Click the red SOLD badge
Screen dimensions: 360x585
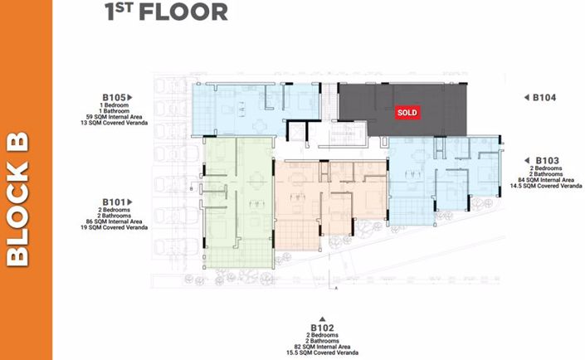(x=407, y=112)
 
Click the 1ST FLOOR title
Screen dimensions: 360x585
(x=166, y=12)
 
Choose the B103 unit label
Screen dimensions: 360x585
(x=544, y=159)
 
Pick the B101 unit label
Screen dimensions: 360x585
(x=115, y=202)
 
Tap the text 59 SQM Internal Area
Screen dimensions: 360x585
(x=115, y=118)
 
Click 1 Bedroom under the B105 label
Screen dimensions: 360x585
(x=115, y=105)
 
